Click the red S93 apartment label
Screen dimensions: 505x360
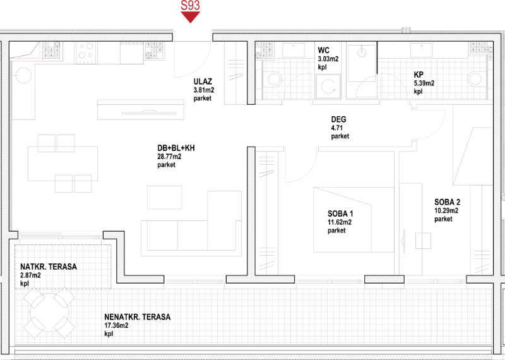coord(191,5)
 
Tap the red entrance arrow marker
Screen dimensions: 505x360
coord(191,17)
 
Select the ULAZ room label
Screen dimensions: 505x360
coord(203,81)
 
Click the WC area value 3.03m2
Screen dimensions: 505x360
coord(328,59)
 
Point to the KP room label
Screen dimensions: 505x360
coord(419,75)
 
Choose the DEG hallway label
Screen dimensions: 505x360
coord(338,119)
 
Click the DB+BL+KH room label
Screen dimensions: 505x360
coord(176,148)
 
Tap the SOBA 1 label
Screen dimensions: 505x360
coord(340,213)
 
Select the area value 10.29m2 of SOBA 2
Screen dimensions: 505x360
coord(446,211)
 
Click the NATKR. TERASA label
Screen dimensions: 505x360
coord(49,267)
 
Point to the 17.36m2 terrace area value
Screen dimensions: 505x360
coord(116,325)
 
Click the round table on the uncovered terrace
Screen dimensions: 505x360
coord(49,313)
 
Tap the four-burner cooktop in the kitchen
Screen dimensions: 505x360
coord(86,53)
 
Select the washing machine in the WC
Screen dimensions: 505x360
coord(328,87)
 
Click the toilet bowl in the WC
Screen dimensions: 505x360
coord(275,80)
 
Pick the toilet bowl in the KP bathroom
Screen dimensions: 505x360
coord(475,79)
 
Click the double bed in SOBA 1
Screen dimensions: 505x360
coord(353,220)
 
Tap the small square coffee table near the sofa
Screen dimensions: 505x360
coord(165,197)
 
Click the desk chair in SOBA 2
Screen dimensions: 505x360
coord(423,241)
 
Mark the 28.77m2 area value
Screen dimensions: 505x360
coord(169,157)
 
